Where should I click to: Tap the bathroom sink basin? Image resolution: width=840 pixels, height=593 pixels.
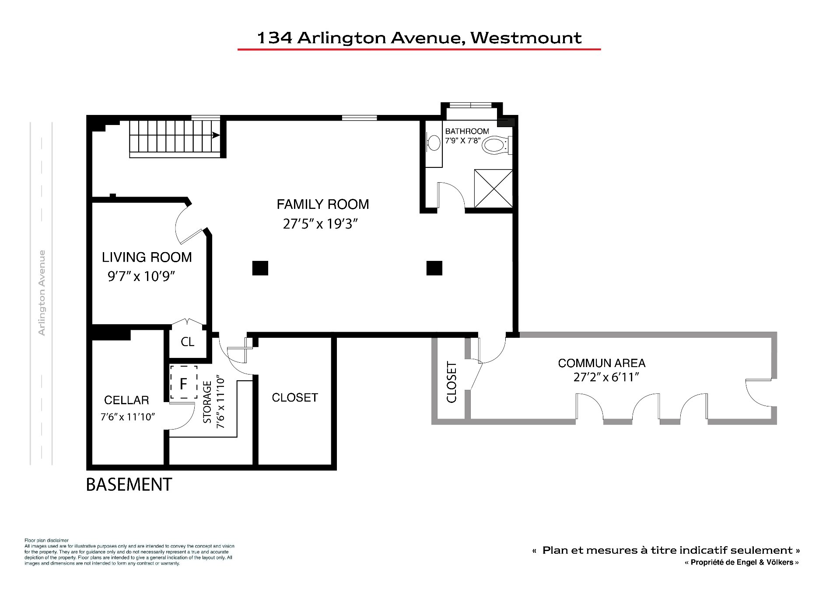434,143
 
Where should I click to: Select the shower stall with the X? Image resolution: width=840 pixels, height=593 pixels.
493,188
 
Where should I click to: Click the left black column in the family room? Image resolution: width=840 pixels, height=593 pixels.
260,268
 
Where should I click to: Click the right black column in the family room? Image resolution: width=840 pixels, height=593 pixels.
434,268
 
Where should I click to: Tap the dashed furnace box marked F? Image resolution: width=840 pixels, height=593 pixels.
183,382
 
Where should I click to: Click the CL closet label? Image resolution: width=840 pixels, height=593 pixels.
188,342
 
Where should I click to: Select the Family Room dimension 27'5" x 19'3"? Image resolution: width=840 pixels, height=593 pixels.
321,224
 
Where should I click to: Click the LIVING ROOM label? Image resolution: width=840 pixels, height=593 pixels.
147,257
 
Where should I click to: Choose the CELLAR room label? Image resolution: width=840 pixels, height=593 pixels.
126,400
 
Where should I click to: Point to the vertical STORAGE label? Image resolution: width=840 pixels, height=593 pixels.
207,402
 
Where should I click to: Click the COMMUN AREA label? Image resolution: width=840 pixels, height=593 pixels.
602,363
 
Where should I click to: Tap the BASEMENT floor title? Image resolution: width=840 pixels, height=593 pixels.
129,485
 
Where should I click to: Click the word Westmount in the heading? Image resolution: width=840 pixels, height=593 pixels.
526,38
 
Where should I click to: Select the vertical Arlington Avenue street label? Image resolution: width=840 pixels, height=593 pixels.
42,293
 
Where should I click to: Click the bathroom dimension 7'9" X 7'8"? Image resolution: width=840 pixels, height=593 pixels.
463,141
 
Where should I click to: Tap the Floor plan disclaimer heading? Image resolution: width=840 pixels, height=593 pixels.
46,541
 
